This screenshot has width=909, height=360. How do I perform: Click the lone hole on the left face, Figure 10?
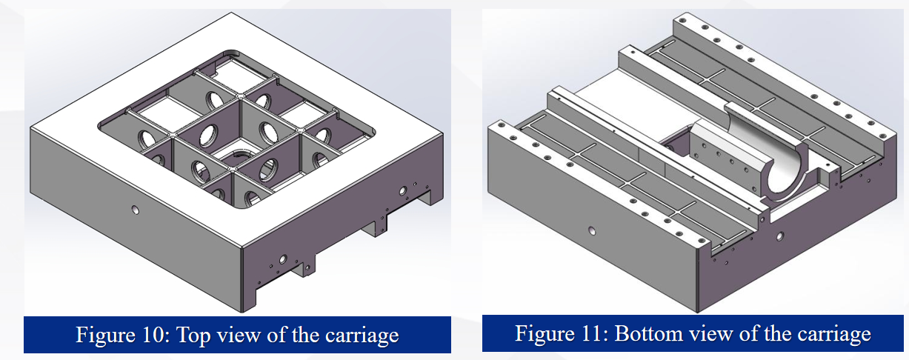point(135,210)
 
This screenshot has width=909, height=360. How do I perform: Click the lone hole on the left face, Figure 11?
point(592,231)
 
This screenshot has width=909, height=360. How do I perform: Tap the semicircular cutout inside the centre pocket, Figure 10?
point(239,155)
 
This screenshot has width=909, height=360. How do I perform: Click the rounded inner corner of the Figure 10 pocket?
point(231,53)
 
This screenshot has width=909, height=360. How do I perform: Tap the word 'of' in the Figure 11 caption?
point(750,333)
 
